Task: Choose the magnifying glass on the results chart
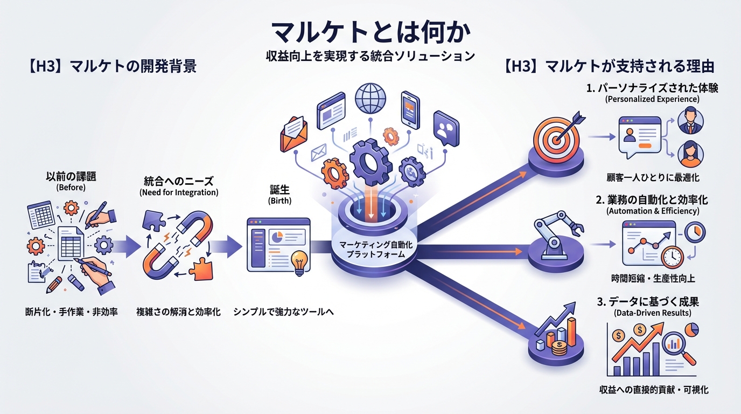click(676, 344)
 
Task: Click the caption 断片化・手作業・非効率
click(72, 312)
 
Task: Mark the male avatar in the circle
click(689, 120)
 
